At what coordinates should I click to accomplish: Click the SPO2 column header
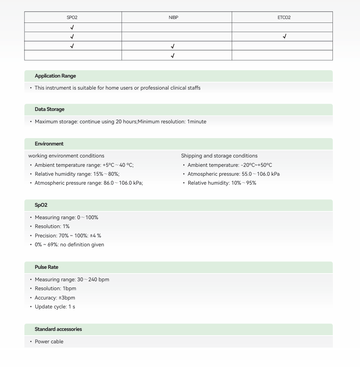click(x=72, y=17)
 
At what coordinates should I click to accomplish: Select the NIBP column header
click(x=173, y=17)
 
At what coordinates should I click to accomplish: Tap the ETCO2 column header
click(x=284, y=17)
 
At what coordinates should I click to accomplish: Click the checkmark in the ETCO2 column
click(x=284, y=37)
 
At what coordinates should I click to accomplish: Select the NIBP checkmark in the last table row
click(x=172, y=56)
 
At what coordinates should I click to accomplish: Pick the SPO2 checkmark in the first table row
click(x=72, y=28)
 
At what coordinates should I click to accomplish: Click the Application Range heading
click(x=55, y=76)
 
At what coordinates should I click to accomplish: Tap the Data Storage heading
click(x=50, y=109)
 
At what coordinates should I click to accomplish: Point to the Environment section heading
click(x=49, y=144)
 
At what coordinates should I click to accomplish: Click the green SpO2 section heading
click(x=41, y=205)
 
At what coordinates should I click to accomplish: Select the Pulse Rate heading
click(x=47, y=267)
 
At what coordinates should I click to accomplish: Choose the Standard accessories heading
click(x=58, y=329)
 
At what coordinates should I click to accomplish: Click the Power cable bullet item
click(x=49, y=342)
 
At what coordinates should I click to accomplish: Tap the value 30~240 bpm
click(x=93, y=280)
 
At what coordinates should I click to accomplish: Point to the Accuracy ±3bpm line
click(x=55, y=298)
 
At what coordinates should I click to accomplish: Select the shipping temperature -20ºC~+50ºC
click(x=256, y=165)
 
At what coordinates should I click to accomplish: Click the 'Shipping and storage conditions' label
click(x=219, y=156)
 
